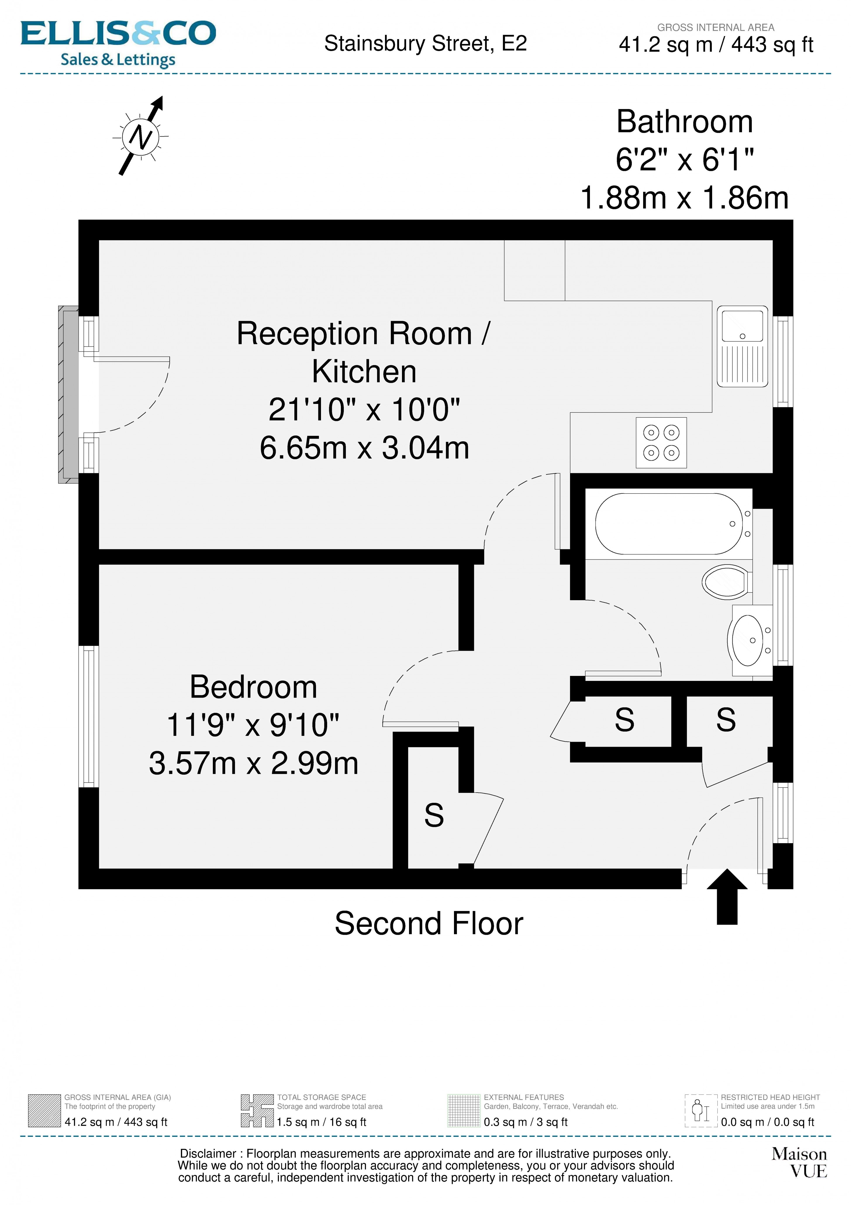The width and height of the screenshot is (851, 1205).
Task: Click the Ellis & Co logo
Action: pyautogui.click(x=118, y=44)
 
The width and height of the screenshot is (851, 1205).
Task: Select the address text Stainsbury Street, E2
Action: pyautogui.click(x=425, y=44)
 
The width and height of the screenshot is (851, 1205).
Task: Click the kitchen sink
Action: pyautogui.click(x=742, y=346)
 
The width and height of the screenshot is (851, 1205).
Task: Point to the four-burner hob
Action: pyautogui.click(x=661, y=443)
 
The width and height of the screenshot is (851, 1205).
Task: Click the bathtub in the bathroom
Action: pyautogui.click(x=669, y=524)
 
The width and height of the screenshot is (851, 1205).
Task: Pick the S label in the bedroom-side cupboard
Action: pyautogui.click(x=434, y=816)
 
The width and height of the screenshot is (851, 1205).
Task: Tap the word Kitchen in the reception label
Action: pyautogui.click(x=364, y=372)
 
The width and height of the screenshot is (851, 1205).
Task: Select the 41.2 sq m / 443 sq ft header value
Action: pyautogui.click(x=716, y=45)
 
